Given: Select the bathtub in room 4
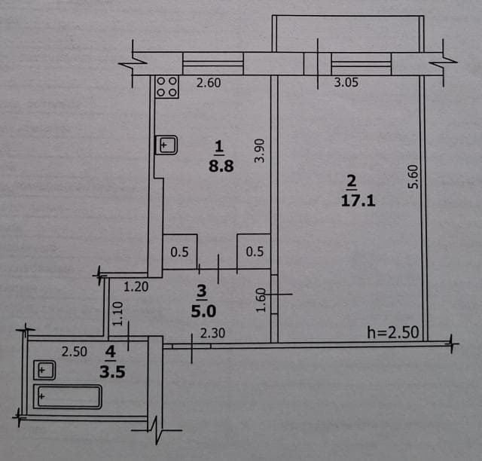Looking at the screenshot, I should point(68,396).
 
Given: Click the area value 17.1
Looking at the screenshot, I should point(352,202).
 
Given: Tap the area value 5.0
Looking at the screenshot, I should point(201,308).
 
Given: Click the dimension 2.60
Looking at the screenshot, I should point(209,84).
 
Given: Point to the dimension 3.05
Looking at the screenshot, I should point(345,84).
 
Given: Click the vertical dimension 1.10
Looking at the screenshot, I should point(117,313).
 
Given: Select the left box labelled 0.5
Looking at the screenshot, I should point(180,252).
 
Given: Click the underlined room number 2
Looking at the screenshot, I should point(351,181).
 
